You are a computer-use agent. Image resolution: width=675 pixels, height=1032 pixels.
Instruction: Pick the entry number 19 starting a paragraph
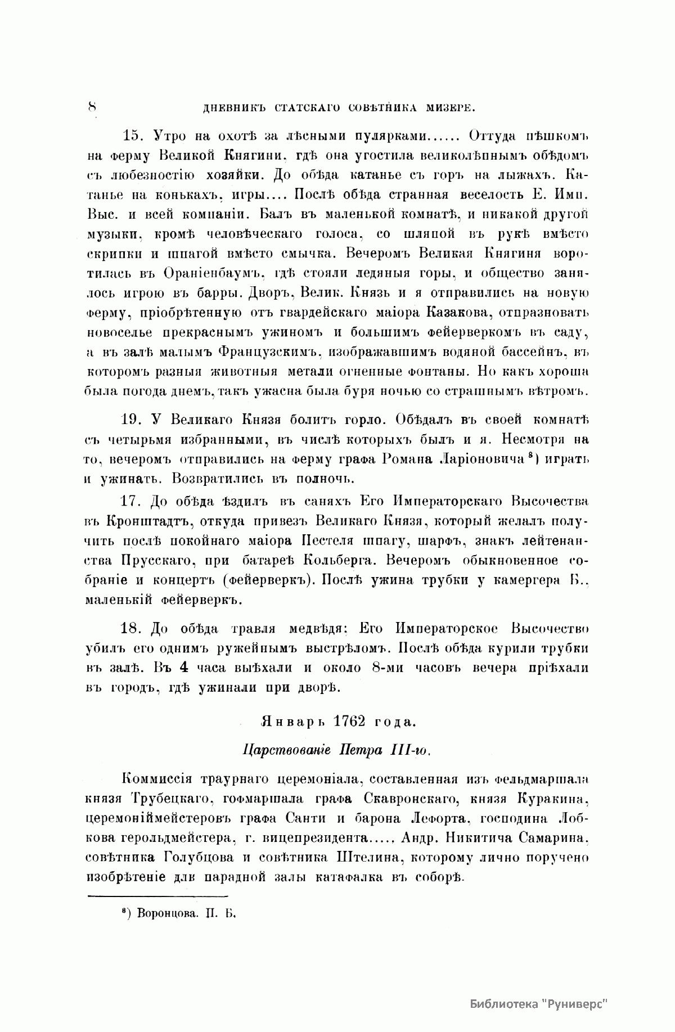click(133, 419)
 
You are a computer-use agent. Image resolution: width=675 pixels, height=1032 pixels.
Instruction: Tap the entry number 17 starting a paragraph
click(133, 501)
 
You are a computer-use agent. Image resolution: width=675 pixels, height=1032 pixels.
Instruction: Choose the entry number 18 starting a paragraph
click(133, 627)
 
